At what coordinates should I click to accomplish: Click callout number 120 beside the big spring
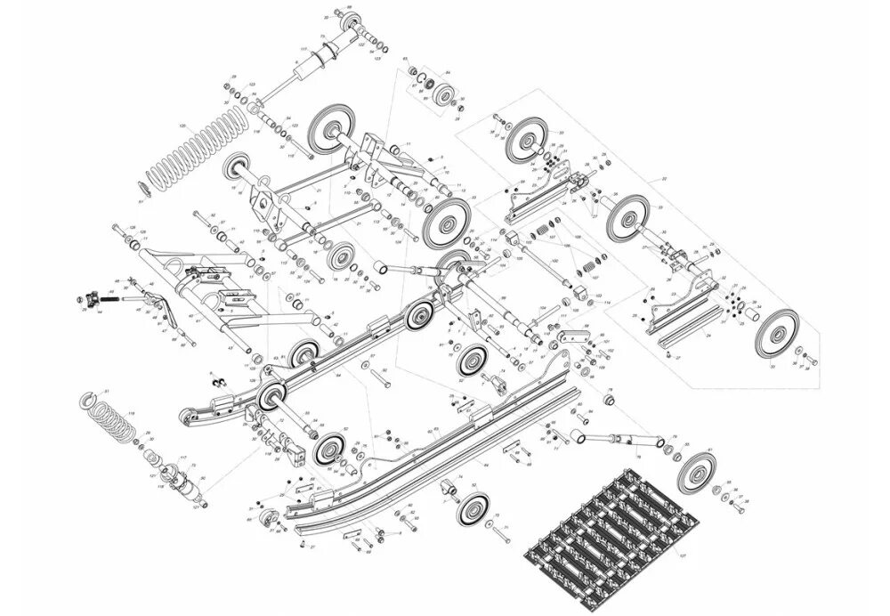(182, 126)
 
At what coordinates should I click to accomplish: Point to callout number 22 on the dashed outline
(664, 179)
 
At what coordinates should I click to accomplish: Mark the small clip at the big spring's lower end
(141, 188)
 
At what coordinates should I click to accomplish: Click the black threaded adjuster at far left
(88, 296)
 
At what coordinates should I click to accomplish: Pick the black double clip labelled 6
(216, 383)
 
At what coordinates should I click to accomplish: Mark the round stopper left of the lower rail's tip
(265, 519)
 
